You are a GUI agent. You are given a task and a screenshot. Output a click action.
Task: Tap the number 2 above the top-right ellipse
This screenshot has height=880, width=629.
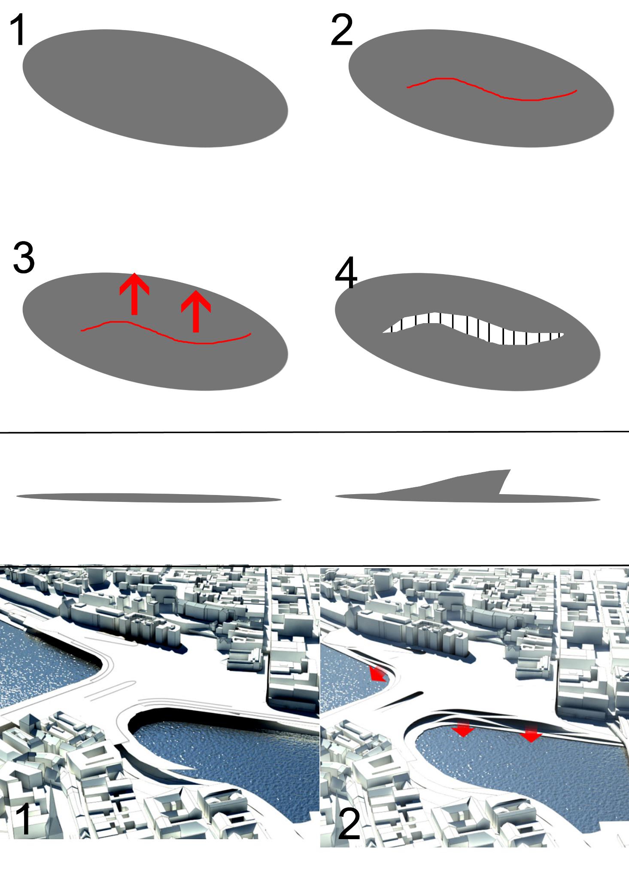point(342,30)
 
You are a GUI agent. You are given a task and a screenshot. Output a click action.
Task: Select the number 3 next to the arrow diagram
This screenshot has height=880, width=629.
point(24,257)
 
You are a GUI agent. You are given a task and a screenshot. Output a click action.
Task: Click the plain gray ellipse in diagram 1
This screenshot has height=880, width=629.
point(155,88)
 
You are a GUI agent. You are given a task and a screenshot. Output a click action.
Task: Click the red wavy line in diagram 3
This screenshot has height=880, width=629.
point(166,332)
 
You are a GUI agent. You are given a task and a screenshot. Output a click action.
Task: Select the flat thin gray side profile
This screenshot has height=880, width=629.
point(149,497)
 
